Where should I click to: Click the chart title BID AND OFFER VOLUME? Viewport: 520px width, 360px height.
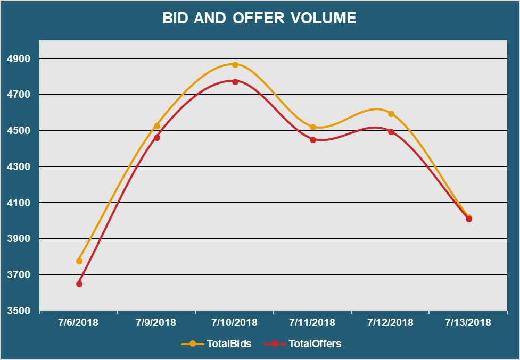(259, 18)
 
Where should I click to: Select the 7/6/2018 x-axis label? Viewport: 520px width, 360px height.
(79, 323)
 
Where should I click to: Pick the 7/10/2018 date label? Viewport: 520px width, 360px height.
(234, 323)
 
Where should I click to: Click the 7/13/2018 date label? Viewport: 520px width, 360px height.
(468, 323)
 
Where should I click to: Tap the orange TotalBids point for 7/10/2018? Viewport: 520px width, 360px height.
(235, 65)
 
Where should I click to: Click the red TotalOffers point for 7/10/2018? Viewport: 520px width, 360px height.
(235, 82)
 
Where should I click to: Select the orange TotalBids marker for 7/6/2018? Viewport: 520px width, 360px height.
(79, 261)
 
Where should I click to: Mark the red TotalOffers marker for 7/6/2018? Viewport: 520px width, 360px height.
(79, 284)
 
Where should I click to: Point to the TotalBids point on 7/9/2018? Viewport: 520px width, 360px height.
(157, 126)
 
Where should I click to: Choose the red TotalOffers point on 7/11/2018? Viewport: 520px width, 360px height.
(313, 140)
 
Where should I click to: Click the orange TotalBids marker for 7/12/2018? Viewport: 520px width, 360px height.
(391, 114)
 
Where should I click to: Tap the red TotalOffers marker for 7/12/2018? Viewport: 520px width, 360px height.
(391, 132)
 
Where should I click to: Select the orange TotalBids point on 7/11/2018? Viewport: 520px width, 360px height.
(313, 127)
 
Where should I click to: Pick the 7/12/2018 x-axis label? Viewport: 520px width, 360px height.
(391, 323)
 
